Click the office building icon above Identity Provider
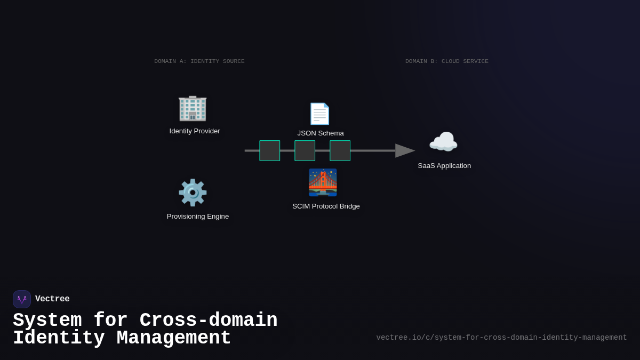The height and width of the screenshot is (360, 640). [193, 108]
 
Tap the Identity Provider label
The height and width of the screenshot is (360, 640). [195, 131]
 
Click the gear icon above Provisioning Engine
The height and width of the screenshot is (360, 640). [193, 193]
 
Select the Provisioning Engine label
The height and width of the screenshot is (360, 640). [198, 217]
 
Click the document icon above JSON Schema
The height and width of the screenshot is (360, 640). [320, 114]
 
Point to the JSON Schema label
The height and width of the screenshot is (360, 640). [321, 133]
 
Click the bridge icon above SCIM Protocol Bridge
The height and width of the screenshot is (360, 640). [323, 183]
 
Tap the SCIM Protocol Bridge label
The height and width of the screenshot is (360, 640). [326, 206]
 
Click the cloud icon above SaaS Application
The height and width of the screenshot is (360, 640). [443, 142]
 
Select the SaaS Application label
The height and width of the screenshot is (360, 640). [444, 166]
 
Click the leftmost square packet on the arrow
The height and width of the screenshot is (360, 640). [270, 151]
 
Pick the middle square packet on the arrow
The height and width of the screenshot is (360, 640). [305, 151]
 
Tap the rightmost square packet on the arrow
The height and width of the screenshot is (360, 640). [340, 151]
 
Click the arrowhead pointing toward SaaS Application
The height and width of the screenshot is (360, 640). [405, 151]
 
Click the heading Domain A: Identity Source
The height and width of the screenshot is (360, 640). [199, 61]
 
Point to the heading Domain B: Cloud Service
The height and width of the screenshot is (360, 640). [447, 61]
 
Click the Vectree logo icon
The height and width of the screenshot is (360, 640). [22, 299]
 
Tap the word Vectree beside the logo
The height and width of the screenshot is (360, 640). [52, 299]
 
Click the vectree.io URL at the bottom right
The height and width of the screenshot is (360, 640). [501, 338]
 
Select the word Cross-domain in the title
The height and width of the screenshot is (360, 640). [209, 321]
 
